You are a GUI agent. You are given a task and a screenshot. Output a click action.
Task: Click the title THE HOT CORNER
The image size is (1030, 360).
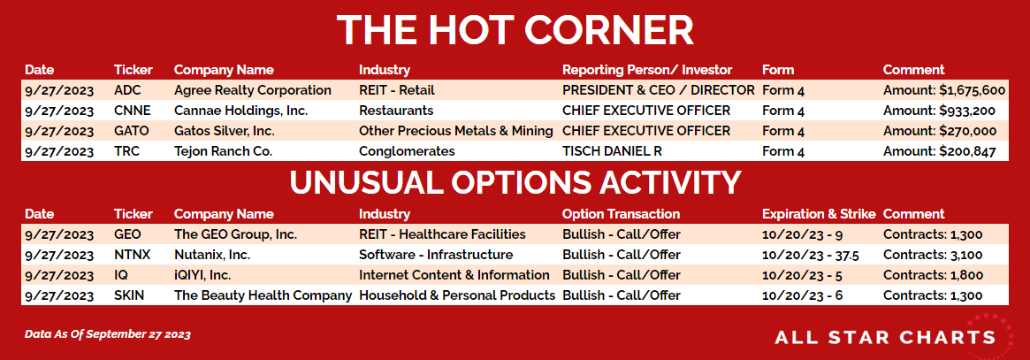515,30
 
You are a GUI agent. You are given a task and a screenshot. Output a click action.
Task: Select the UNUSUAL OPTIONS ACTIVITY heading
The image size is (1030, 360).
515,182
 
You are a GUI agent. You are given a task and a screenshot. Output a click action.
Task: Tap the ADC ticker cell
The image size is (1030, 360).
127,90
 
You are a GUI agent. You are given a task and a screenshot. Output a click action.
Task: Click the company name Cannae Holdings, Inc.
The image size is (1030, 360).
241,111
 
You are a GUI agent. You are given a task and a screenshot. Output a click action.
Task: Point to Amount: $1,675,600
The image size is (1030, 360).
944,90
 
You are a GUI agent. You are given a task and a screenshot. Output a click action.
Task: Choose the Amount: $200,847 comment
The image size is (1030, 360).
939,152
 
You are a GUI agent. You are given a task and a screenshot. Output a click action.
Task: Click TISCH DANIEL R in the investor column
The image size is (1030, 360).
612,152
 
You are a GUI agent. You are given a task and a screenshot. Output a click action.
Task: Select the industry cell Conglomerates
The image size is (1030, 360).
407,152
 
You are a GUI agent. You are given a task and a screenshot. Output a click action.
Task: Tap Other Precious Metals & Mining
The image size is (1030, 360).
456,132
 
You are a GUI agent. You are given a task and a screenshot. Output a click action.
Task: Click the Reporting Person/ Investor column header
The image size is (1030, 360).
647,70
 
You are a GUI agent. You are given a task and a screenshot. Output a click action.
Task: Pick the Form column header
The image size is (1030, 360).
778,70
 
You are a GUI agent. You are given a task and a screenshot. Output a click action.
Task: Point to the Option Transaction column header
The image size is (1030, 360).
621,214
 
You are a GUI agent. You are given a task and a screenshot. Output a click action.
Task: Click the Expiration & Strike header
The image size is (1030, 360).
819,214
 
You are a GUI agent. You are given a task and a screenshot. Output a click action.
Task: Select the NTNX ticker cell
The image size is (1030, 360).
132,255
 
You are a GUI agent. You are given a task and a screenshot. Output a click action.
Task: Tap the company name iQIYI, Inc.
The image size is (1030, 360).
202,275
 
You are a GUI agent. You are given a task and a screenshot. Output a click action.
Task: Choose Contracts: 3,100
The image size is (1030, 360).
933,255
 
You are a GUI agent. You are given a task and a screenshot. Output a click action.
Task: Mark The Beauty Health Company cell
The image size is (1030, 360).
263,296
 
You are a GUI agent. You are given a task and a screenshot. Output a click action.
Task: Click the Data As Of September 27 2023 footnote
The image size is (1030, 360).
108,335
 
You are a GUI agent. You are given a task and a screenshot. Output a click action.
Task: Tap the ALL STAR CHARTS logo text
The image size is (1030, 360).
885,338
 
